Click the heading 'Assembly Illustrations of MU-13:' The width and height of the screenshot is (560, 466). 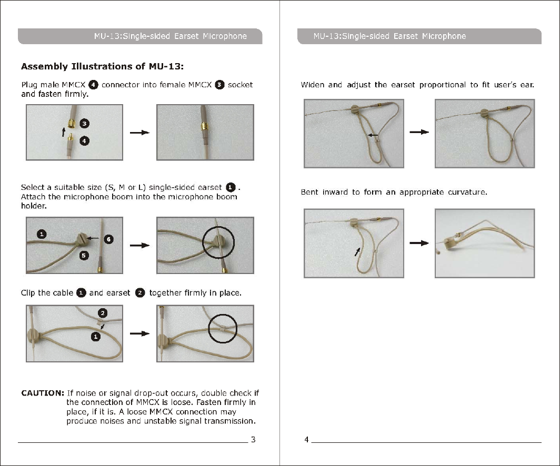[102, 67]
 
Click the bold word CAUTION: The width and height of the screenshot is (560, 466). [43, 393]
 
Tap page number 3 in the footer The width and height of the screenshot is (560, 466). [253, 440]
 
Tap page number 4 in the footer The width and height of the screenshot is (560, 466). [306, 440]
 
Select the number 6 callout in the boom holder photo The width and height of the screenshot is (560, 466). [107, 239]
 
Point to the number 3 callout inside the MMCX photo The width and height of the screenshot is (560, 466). [84, 124]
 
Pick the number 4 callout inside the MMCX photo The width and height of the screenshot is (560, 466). [84, 140]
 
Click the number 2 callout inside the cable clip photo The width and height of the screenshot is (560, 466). [104, 313]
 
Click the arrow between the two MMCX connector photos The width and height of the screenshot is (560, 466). [140, 133]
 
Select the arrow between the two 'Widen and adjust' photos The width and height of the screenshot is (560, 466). [419, 133]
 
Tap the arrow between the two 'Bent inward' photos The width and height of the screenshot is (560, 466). [419, 243]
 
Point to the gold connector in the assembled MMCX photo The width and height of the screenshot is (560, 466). [203, 127]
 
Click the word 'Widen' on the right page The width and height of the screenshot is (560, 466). [312, 85]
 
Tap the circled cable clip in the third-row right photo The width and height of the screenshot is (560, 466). [223, 330]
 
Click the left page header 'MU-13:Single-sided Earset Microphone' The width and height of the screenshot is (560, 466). [170, 36]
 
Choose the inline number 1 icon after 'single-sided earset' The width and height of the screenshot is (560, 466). [231, 187]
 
